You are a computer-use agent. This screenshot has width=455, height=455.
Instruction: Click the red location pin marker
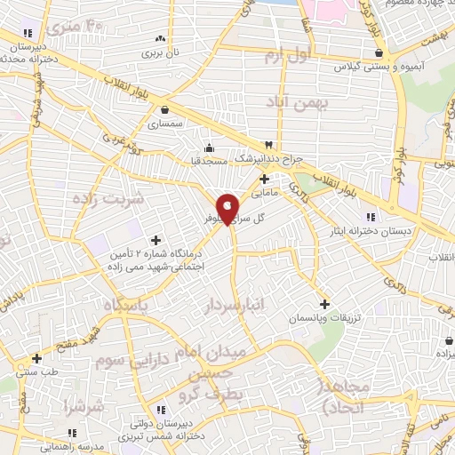coord(227,208)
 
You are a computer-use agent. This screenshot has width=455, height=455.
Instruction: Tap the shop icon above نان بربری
coord(160,39)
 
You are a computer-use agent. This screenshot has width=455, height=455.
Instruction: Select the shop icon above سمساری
coord(166,110)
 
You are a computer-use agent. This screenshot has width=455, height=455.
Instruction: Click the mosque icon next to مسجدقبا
coord(209,148)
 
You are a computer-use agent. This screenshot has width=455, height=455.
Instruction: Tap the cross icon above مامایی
coord(264,179)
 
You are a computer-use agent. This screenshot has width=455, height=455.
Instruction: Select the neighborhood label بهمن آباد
coord(298,105)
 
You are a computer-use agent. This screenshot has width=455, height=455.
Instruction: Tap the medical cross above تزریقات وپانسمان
coord(324,303)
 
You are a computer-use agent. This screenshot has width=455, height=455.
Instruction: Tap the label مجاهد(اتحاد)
coord(338,397)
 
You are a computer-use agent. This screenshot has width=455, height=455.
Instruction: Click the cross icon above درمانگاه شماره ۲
coord(156,240)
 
